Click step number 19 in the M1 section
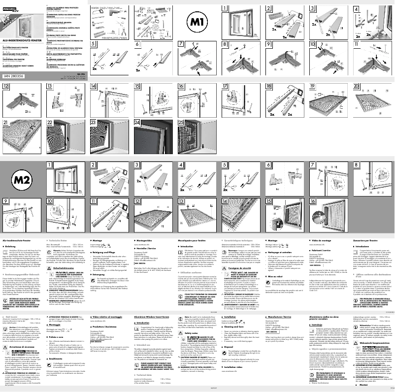(313, 86)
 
